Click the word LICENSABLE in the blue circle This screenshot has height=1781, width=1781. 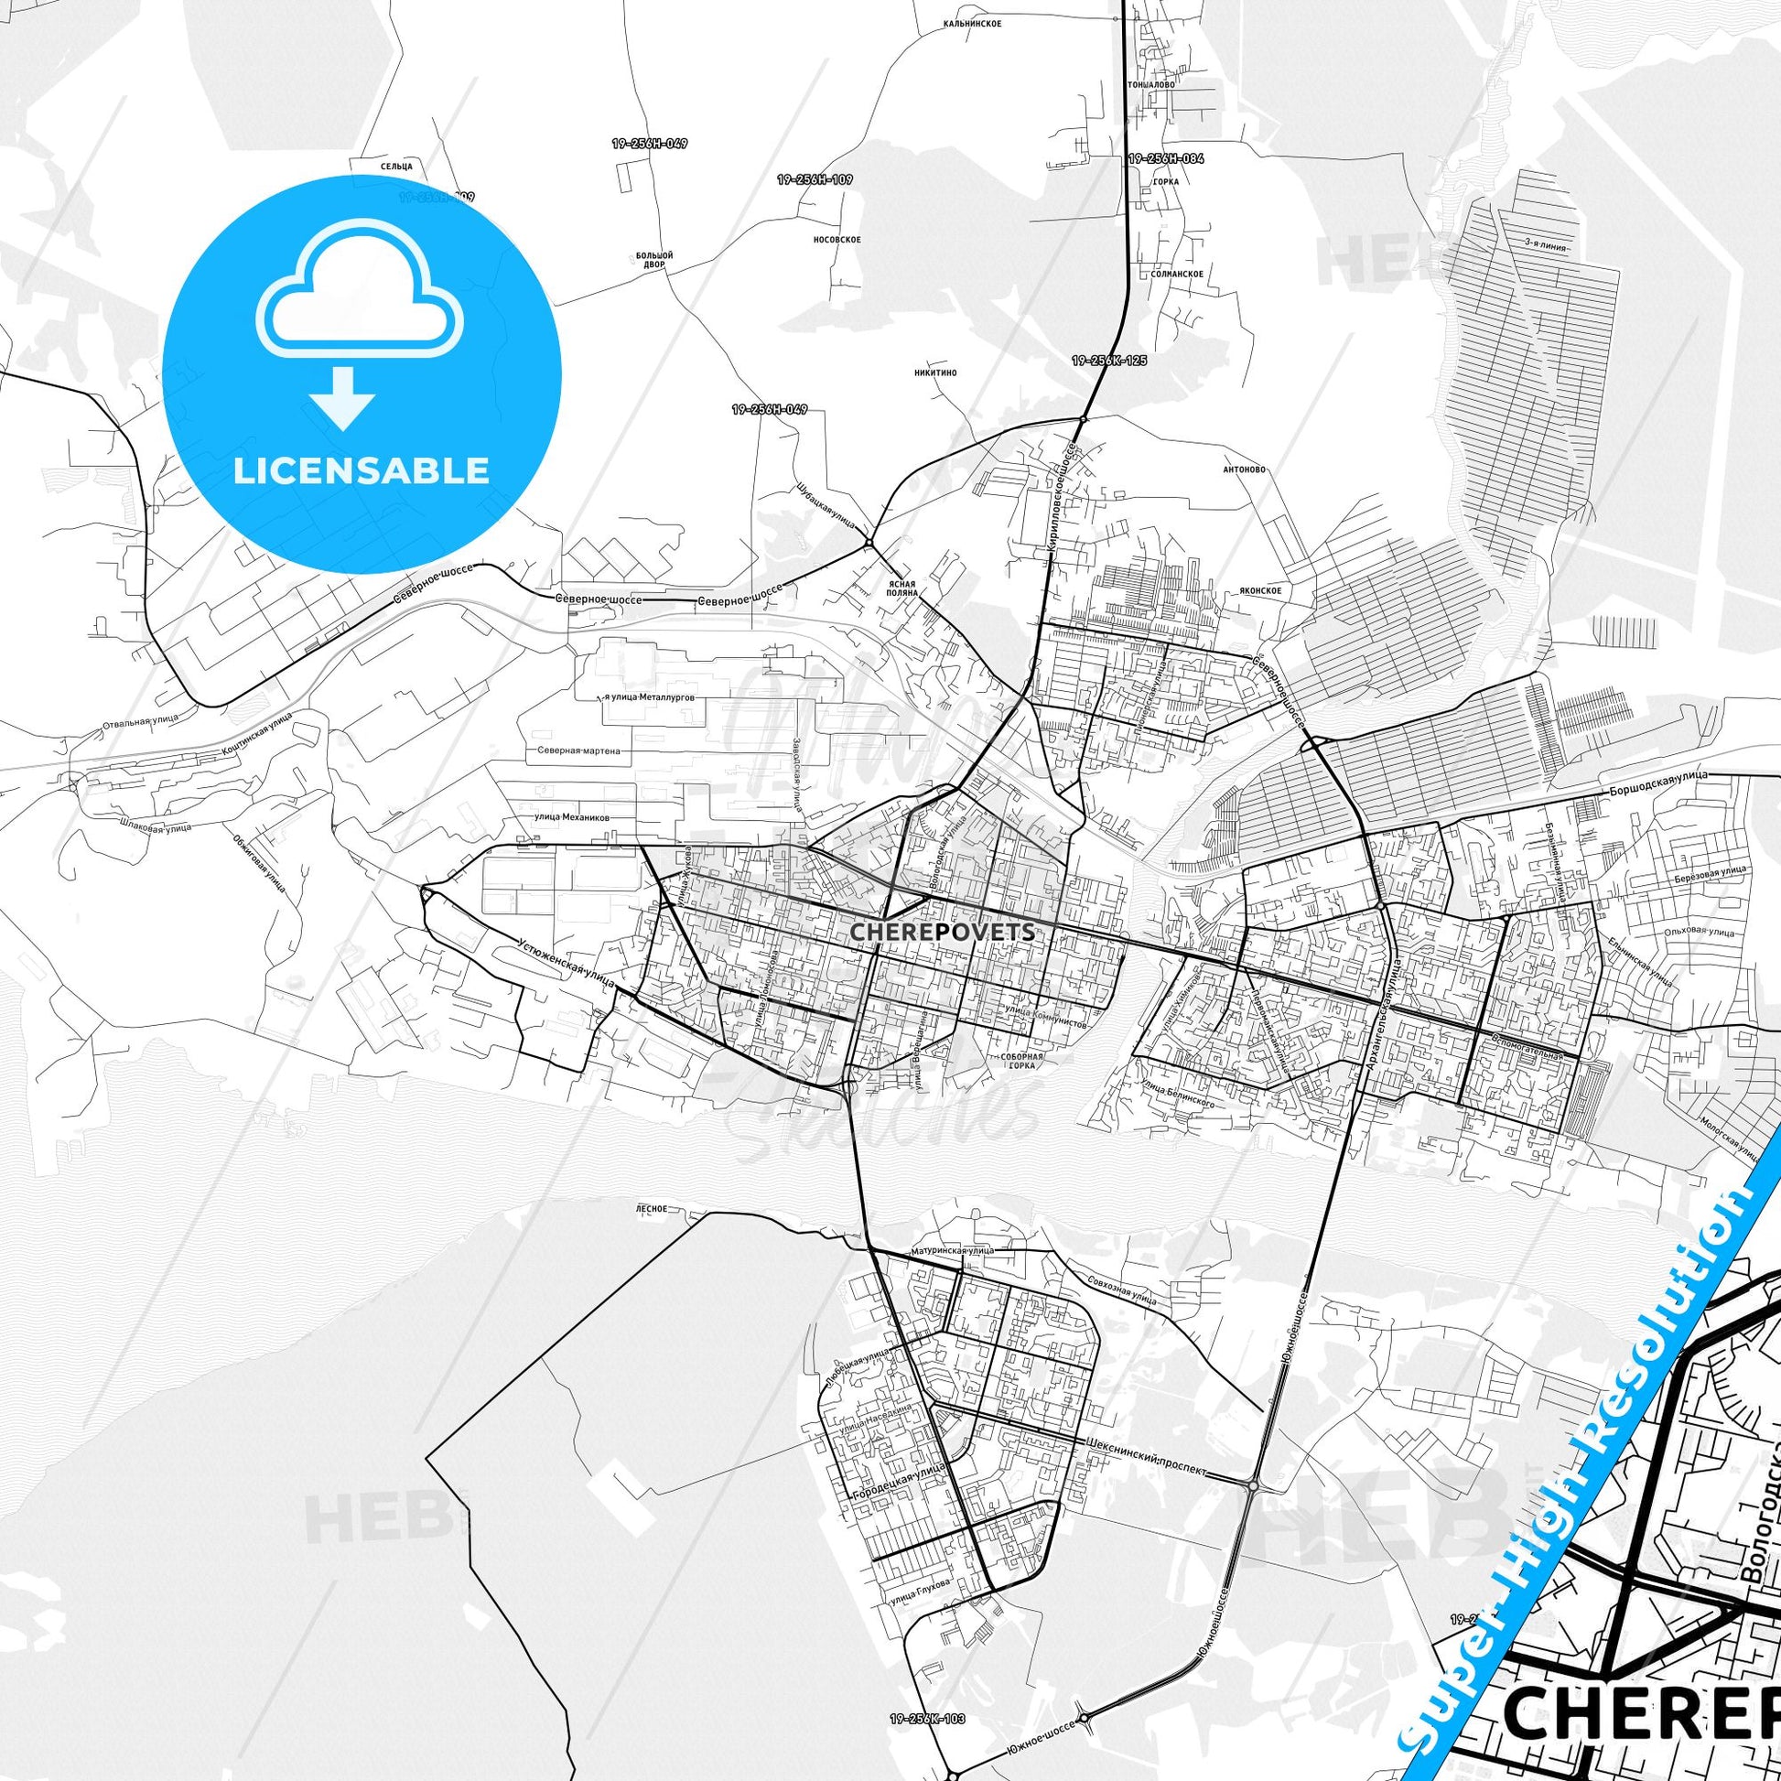pos(361,471)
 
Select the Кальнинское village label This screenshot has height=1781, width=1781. pos(971,22)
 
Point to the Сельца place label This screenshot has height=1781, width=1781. pos(395,166)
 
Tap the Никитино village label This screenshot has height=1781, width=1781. pos(935,372)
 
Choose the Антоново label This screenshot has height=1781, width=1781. pos(1249,470)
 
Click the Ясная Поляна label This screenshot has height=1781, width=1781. pos(903,588)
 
